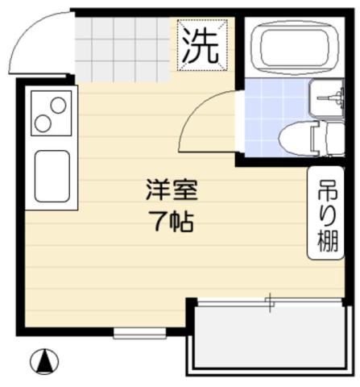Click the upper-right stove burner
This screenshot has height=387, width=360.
[59, 105]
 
